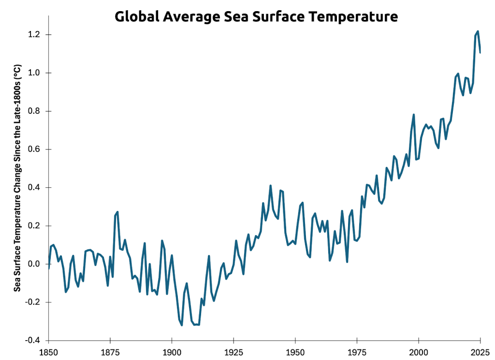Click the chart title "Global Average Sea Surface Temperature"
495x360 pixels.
point(256,16)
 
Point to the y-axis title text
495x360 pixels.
point(17,178)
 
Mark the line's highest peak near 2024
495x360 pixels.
point(478,31)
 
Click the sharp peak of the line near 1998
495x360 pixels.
point(414,115)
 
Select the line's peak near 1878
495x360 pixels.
point(117,212)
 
